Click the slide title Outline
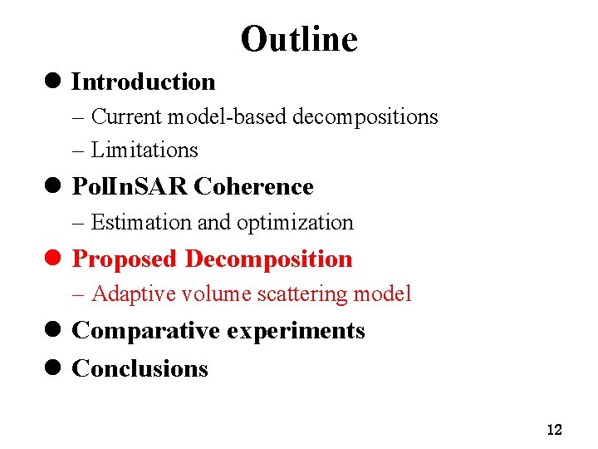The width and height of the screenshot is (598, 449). point(299,39)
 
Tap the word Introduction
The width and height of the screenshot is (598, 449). point(144,81)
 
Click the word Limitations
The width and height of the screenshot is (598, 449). point(145,150)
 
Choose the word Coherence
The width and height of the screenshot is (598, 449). point(253,187)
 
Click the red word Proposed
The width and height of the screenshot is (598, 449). point(125,259)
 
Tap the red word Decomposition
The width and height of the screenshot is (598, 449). point(268,259)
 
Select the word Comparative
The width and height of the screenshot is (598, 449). point(146,331)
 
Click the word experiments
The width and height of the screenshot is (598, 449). point(297,332)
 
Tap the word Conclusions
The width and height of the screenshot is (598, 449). point(140,368)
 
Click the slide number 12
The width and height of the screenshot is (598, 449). point(555,430)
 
